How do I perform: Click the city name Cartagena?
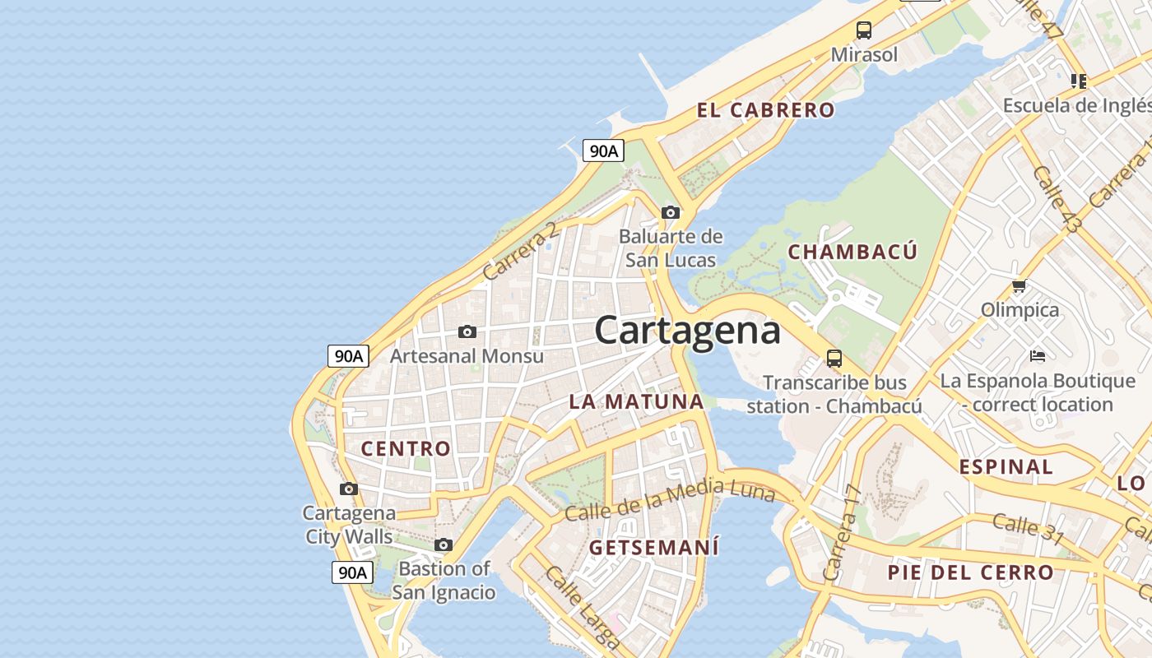pyautogui.click(x=687, y=331)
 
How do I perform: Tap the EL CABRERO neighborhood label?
pyautogui.click(x=765, y=110)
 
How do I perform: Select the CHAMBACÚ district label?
pyautogui.click(x=852, y=252)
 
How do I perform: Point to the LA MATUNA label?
pyautogui.click(x=637, y=402)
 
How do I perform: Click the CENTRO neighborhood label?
pyautogui.click(x=406, y=449)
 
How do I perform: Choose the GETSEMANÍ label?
pyautogui.click(x=654, y=547)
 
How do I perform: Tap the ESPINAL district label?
pyautogui.click(x=1006, y=467)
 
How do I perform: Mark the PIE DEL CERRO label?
pyautogui.click(x=970, y=572)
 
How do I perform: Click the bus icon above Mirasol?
pyautogui.click(x=863, y=30)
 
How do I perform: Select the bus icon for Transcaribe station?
pyautogui.click(x=834, y=359)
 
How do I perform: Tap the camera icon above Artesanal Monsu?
pyautogui.click(x=467, y=331)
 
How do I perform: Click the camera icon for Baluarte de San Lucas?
pyautogui.click(x=671, y=212)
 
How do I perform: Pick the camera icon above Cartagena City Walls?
pyautogui.click(x=349, y=489)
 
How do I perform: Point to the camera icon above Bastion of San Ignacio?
pyautogui.click(x=444, y=544)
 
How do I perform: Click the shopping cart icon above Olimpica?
pyautogui.click(x=1020, y=286)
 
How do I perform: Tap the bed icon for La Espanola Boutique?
pyautogui.click(x=1038, y=356)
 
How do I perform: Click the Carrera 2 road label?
pyautogui.click(x=520, y=250)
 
